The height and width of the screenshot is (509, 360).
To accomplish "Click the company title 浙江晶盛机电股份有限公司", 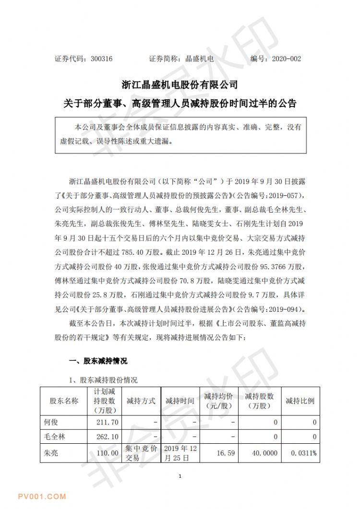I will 180,85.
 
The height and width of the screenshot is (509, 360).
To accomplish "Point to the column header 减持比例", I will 300,401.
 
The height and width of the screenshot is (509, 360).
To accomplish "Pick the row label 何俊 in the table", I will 50,422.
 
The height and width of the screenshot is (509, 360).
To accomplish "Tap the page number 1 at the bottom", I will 179,476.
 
